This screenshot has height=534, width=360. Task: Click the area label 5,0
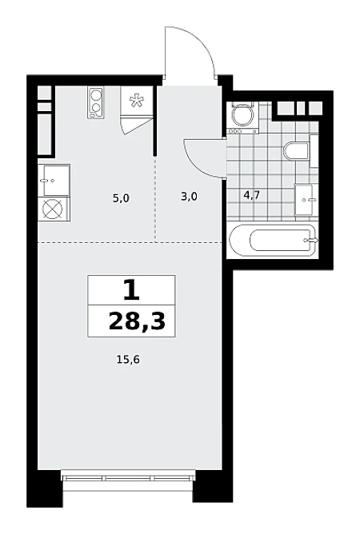121,198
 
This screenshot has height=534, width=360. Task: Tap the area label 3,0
189,197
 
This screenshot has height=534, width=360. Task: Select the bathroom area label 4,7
252,195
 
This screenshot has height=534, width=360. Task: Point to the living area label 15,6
128,359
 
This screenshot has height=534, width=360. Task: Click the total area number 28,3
137,321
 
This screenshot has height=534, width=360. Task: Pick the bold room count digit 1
131,290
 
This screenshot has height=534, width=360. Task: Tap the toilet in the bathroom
296,151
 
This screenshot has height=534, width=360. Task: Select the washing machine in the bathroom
242,118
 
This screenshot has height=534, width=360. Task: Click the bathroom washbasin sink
304,199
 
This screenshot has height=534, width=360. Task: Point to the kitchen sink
54,180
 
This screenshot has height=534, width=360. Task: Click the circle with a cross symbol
53,209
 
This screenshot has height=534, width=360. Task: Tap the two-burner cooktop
95,102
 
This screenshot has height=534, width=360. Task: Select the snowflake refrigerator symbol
136,102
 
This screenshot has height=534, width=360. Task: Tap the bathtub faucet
311,240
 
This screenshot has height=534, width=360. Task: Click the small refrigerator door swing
136,126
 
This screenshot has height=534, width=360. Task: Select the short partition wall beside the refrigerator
154,121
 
